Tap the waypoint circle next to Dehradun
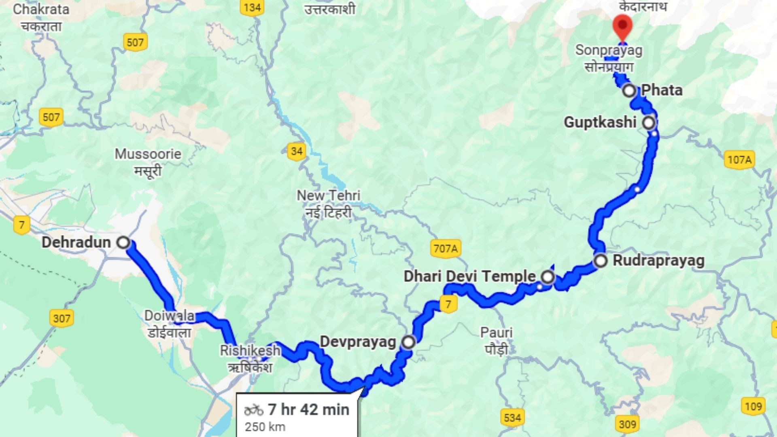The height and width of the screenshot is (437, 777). (x=123, y=242)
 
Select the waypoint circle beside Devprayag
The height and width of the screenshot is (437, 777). (x=408, y=342)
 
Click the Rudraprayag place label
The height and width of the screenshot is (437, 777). (x=658, y=260)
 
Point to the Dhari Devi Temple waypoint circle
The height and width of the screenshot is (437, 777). (x=548, y=277)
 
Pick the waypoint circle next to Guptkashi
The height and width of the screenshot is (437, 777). (x=649, y=122)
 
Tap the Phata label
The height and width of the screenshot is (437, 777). (x=662, y=90)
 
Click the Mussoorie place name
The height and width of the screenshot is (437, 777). (x=148, y=154)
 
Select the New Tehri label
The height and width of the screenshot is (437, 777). (x=328, y=195)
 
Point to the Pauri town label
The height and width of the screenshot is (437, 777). (x=496, y=333)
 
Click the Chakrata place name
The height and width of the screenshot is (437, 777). (x=41, y=9)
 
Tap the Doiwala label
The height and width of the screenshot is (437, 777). (x=169, y=316)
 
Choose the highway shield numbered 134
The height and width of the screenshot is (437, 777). (x=252, y=7)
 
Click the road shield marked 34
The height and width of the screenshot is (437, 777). (x=297, y=151)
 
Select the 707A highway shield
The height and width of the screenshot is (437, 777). (x=446, y=248)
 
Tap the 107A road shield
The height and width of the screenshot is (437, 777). (x=739, y=160)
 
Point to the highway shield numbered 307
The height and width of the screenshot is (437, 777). (x=62, y=318)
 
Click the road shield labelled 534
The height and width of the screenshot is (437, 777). (x=512, y=417)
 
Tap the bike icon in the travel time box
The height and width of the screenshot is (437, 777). (x=254, y=410)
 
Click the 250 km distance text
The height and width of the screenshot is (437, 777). (x=265, y=427)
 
